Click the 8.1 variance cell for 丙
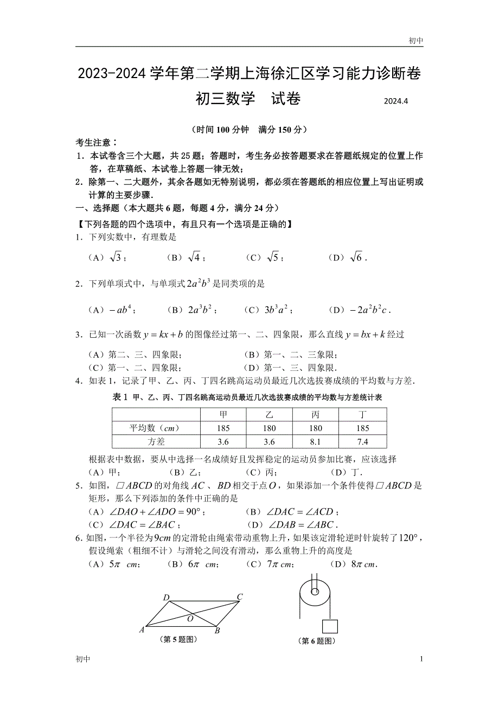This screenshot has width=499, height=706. pos(315,441)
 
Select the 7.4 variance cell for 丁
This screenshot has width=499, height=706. pos(363,441)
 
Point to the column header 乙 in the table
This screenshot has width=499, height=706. pos(269,415)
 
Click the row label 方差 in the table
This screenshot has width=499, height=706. pos(155,441)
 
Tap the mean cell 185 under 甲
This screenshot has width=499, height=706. pos(223,428)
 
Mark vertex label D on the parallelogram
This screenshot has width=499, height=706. pos(167,598)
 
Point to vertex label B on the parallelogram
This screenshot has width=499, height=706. pos(217,631)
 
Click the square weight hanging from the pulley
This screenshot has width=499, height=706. pos(330,626)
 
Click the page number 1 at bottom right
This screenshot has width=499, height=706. pos(421,659)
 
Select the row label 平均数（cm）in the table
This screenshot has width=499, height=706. pos(155,428)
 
